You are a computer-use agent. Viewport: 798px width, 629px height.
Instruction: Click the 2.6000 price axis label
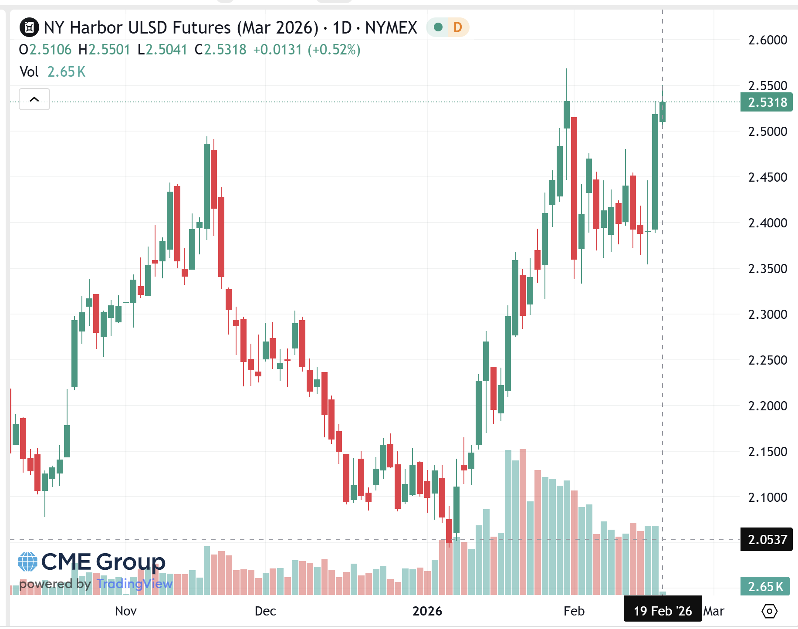click(x=767, y=40)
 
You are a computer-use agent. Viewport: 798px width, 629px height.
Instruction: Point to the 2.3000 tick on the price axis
click(x=767, y=314)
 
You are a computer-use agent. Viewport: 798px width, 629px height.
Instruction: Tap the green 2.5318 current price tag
click(x=766, y=102)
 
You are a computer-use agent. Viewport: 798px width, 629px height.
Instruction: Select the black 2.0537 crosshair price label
click(x=766, y=540)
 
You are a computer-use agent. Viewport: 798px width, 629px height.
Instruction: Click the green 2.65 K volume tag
click(x=765, y=587)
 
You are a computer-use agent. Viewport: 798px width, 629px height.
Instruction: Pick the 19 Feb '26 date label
click(x=662, y=611)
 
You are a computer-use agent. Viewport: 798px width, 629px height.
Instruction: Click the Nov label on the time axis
click(x=126, y=611)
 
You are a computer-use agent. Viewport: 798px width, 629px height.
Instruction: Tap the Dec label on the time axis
click(x=265, y=611)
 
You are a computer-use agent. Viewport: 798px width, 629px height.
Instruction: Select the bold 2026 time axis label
click(x=427, y=611)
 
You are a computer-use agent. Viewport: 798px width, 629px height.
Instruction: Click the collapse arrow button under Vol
click(x=34, y=99)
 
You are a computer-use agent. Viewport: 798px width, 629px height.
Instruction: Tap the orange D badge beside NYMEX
click(x=457, y=27)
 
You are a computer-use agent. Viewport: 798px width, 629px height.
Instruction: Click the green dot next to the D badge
click(x=438, y=27)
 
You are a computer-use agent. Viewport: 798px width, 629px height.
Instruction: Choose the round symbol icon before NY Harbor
click(x=29, y=27)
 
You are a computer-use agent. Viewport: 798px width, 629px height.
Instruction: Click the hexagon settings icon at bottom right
click(x=769, y=611)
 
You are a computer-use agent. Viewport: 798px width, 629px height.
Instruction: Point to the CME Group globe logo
click(x=27, y=562)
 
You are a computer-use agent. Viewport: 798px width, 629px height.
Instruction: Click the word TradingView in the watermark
click(x=135, y=584)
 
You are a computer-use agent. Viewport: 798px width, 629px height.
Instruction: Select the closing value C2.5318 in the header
click(x=220, y=50)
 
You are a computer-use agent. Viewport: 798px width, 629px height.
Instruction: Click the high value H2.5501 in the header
click(x=105, y=50)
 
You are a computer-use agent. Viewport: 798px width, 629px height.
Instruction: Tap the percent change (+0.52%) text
click(x=334, y=50)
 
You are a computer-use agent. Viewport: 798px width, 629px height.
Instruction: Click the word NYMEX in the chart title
click(x=391, y=27)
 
